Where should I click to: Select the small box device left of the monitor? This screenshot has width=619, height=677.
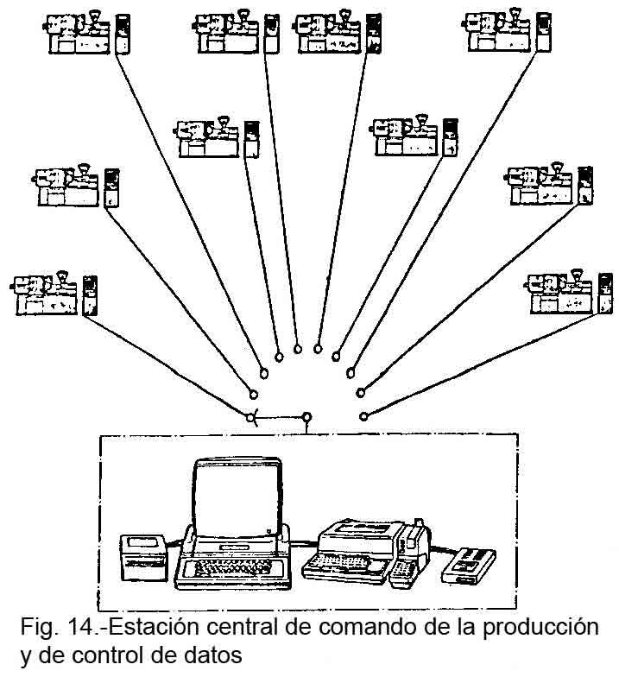tap(147, 556)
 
